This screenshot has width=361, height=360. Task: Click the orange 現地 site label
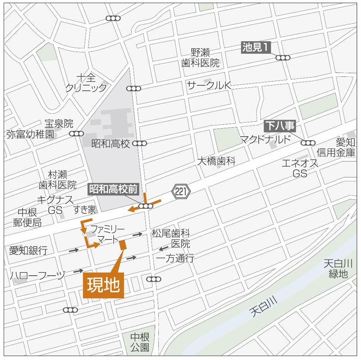pos(103,285)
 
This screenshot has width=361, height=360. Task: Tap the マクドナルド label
pos(265,139)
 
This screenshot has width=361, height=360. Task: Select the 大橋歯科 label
pos(216,161)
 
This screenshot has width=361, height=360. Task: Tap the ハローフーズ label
pos(37,276)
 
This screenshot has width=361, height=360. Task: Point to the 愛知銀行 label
pos(28,251)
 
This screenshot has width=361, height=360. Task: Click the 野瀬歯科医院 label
pos(200,58)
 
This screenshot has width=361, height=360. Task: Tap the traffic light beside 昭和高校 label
pos(140,143)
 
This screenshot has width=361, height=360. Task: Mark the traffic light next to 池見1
pos(283,57)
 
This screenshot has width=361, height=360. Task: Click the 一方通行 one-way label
pos(176,258)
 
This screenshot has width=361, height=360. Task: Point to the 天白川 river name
pos(264,305)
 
